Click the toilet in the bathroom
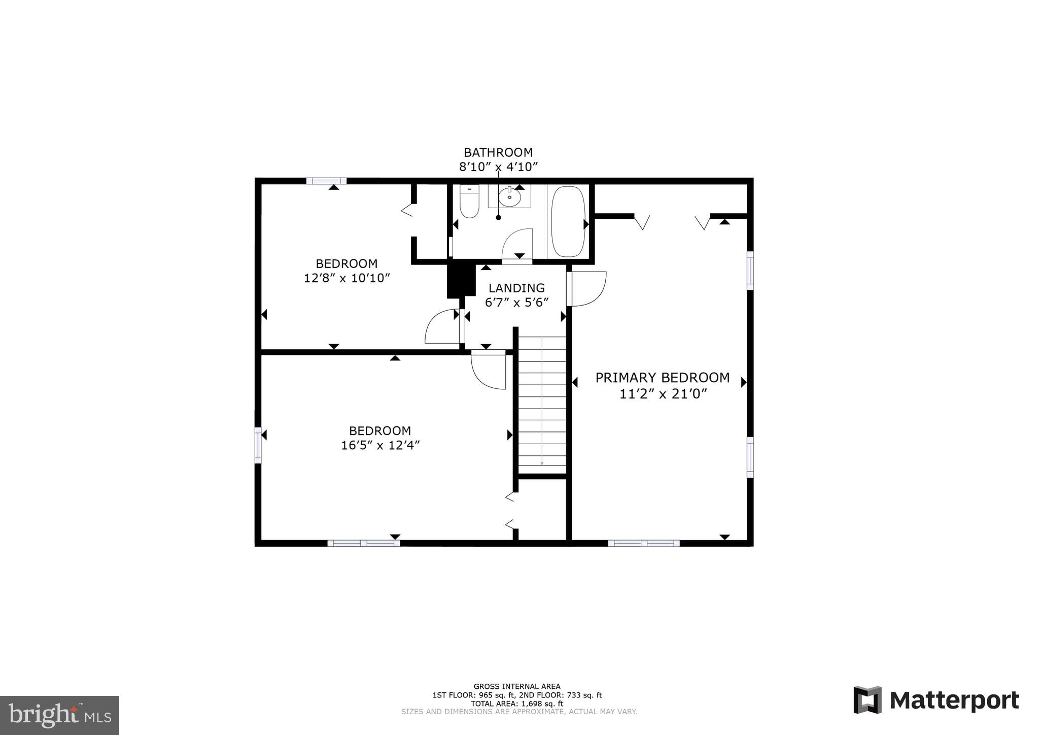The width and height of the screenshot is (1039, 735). tap(469, 202)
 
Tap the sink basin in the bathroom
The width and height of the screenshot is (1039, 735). tap(509, 197)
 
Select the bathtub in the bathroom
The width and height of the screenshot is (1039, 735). tap(568, 221)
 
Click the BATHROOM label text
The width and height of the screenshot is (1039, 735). tap(498, 152)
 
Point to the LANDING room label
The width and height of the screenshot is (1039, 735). tap(516, 288)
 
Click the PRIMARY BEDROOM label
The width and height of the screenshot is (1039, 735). tap(662, 378)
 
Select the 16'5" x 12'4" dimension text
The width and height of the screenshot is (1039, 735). tap(380, 445)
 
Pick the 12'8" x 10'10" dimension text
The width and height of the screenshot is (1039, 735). tap(347, 278)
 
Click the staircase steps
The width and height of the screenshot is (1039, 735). tap(542, 401)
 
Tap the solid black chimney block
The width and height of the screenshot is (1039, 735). tap(460, 280)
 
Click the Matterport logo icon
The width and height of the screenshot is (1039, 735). tap(867, 700)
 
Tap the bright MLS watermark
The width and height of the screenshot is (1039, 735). tap(59, 715)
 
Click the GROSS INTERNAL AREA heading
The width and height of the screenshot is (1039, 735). tap(517, 687)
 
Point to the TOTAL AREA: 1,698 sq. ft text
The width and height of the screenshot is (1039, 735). tap(517, 704)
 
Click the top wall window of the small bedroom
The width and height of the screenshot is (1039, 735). tap(326, 181)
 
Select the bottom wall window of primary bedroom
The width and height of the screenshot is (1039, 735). tap(643, 543)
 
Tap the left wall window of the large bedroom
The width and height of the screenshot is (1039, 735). tap(258, 445)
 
